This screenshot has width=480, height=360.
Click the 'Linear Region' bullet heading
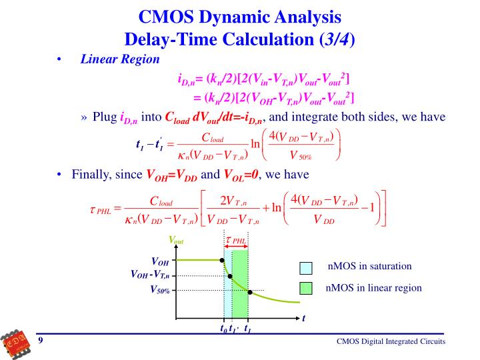click(120, 59)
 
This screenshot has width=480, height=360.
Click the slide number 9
click(41, 341)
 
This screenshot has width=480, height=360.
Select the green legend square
click(306, 289)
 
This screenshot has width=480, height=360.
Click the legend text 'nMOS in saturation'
click(370, 267)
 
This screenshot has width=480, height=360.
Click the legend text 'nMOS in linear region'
click(373, 288)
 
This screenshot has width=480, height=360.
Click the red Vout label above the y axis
click(176, 241)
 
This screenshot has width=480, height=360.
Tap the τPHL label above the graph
click(236, 240)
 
